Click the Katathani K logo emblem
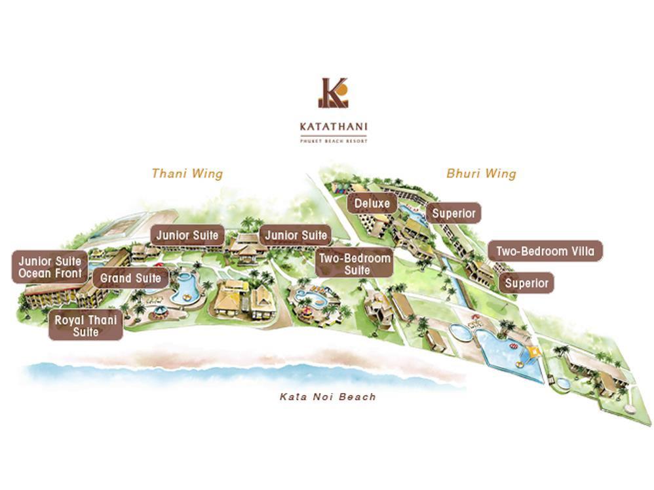333,93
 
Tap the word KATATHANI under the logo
333,126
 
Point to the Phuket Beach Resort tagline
333,140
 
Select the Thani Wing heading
187,174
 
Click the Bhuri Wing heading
481,174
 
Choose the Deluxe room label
372,204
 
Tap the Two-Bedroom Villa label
545,252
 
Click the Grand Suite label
130,278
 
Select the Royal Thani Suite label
86,326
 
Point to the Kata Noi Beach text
328,397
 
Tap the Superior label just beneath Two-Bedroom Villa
526,283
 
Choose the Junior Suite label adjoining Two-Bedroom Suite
296,236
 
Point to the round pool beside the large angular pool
461,333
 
